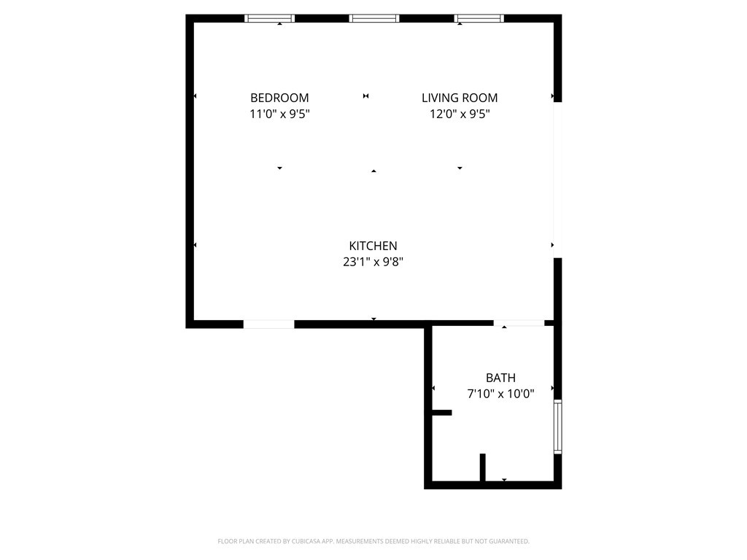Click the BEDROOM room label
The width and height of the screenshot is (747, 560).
279,98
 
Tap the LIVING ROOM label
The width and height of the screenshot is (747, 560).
460,98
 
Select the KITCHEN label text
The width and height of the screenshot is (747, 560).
373,246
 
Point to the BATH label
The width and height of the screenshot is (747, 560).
500,378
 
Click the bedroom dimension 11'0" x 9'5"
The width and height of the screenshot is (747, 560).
279,114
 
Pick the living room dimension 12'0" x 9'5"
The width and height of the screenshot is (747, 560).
460,114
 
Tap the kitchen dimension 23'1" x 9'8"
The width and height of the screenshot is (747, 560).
373,262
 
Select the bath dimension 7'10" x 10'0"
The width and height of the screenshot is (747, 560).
500,394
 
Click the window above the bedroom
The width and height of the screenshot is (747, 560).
270,18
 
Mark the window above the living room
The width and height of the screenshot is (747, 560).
479,18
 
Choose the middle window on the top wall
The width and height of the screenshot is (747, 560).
374,18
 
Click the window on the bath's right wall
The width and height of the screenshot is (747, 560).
557,427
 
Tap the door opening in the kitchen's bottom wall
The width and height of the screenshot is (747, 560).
268,324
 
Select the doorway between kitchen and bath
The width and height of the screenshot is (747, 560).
519,323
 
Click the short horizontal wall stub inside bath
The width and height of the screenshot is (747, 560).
441,413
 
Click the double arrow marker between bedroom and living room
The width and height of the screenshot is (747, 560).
366,96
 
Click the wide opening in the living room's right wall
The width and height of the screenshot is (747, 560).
557,180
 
